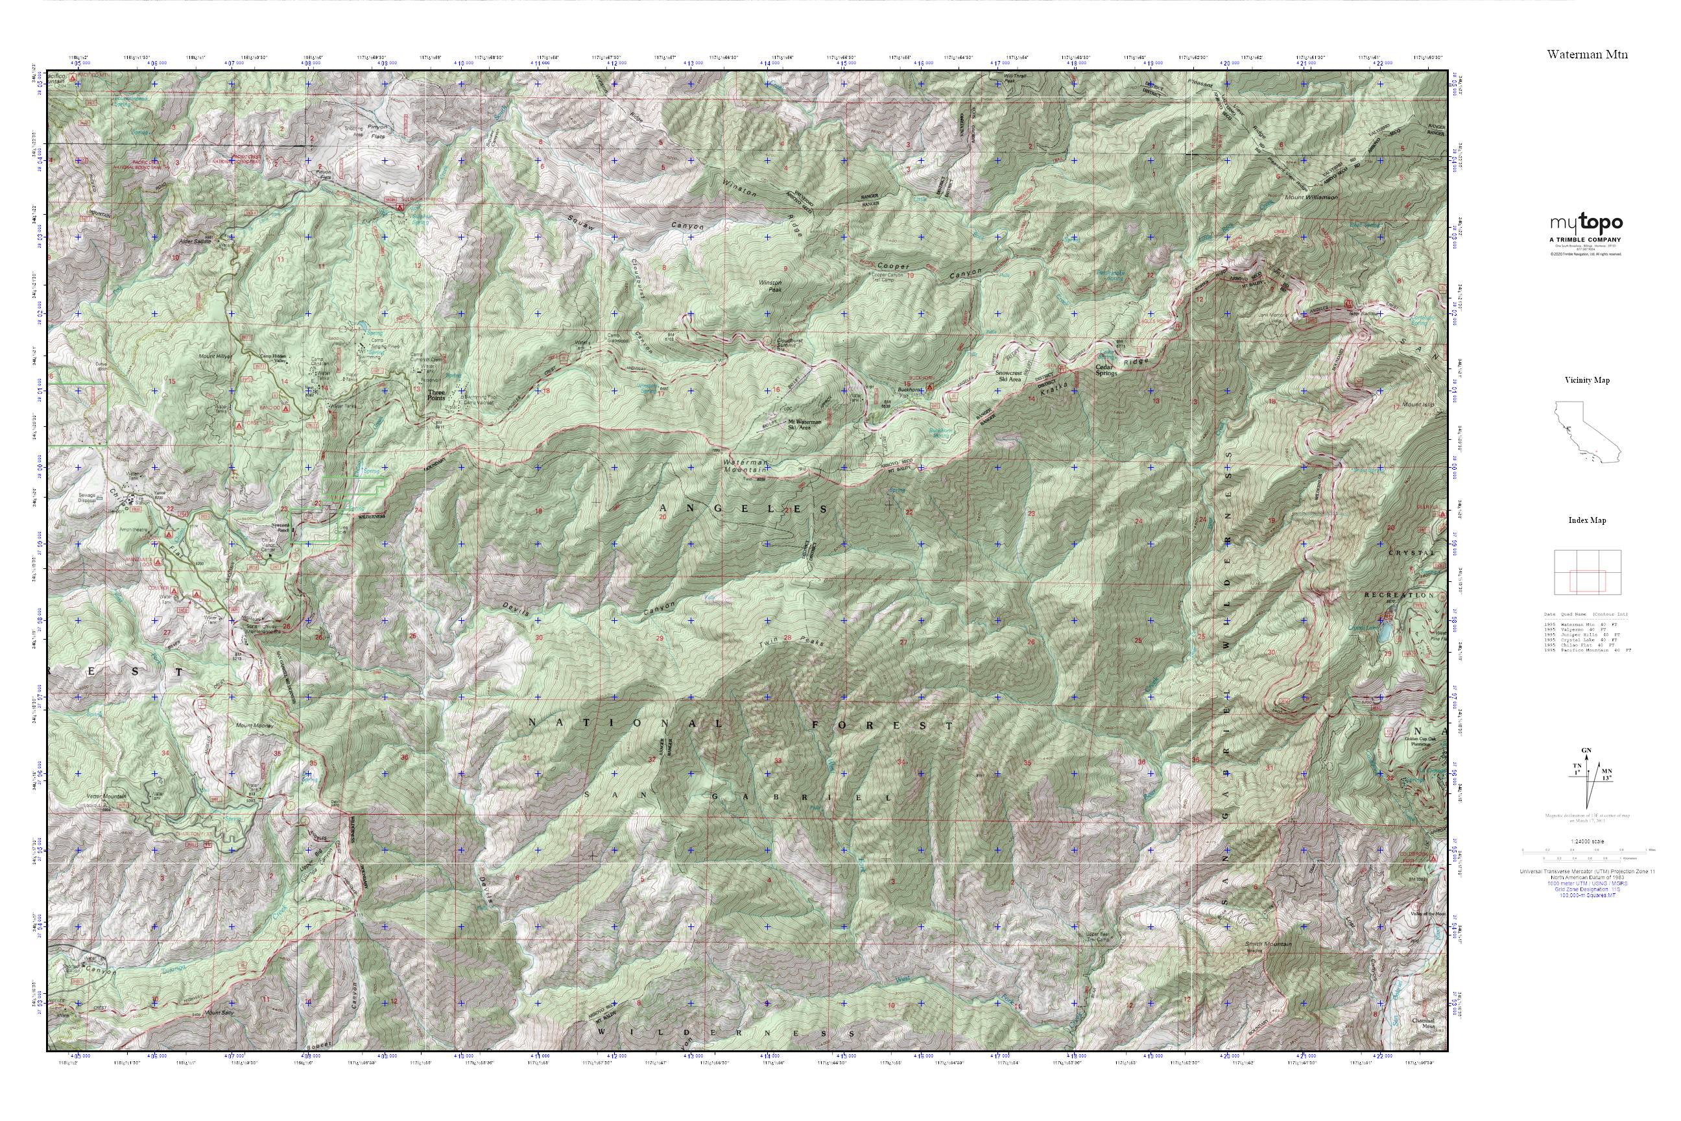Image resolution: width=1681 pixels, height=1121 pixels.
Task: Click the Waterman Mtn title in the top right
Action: coord(1588,54)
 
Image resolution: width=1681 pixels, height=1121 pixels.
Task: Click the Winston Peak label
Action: coord(769,286)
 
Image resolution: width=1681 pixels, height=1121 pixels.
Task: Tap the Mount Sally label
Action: coord(219,1013)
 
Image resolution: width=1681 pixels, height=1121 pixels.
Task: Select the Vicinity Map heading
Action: coord(1587,380)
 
